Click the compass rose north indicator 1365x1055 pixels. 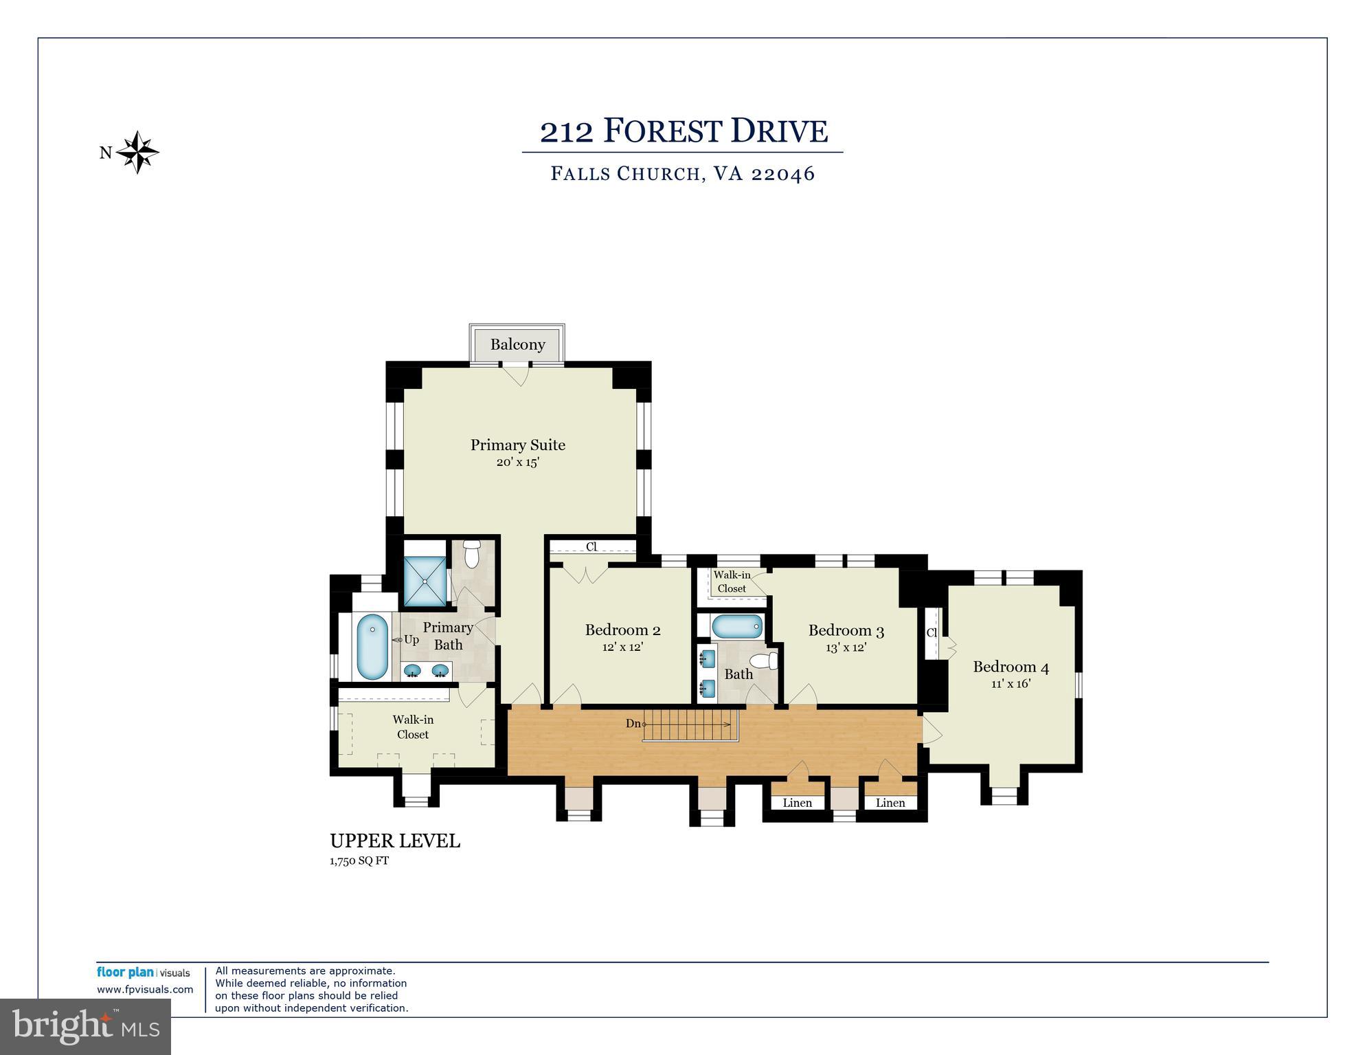tap(137, 152)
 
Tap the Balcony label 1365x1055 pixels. tap(517, 344)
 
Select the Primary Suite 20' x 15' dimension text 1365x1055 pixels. tap(517, 463)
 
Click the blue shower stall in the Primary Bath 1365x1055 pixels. tap(425, 581)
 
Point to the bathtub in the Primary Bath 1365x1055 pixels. tap(372, 646)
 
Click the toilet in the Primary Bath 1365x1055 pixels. tap(471, 554)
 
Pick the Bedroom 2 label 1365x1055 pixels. tap(622, 630)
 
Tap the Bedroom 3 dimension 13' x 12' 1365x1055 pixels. tap(846, 647)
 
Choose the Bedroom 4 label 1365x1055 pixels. tap(1010, 667)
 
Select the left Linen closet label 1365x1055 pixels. tap(797, 803)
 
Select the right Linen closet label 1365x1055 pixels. tap(890, 803)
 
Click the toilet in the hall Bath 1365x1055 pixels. tap(764, 661)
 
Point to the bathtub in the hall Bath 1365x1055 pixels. tap(736, 627)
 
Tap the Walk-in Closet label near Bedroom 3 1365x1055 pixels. tap(732, 581)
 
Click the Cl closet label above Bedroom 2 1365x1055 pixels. tap(591, 547)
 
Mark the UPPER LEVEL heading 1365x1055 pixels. tap(395, 841)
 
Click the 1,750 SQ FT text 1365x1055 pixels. tap(359, 860)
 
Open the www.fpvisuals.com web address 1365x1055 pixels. tap(145, 990)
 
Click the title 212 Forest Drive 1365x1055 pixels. tap(684, 131)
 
